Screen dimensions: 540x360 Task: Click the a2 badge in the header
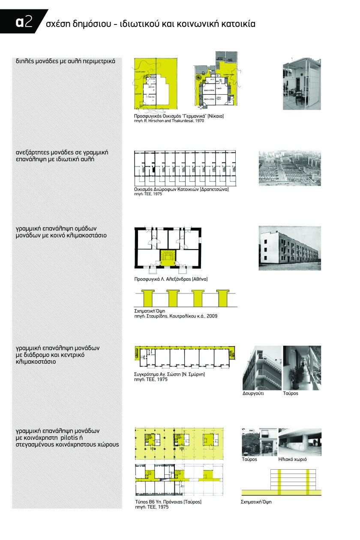23,22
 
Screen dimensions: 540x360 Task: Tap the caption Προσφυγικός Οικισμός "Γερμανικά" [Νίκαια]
179,116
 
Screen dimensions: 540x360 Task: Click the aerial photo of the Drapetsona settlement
290,168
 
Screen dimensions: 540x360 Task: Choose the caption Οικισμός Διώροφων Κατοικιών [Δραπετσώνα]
181,189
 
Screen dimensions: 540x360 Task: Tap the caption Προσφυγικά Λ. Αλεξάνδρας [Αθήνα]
171,279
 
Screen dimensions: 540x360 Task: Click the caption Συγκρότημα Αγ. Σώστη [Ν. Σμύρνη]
170,374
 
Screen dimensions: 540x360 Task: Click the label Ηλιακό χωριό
292,459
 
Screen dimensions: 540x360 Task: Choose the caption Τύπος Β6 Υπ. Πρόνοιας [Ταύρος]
168,502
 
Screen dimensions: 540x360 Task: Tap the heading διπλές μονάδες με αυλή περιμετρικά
65,61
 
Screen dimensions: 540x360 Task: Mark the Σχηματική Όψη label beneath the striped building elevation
257,501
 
